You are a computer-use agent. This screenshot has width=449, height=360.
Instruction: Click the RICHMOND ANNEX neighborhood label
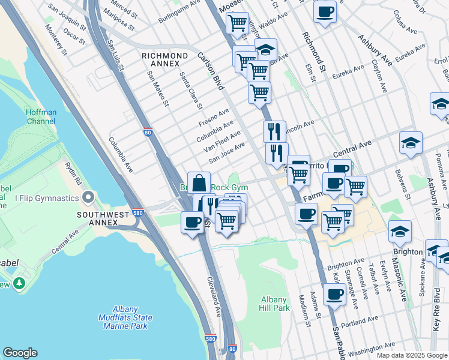161,59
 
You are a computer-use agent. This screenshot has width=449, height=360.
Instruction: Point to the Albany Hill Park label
276,304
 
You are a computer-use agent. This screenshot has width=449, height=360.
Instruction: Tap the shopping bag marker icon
199,183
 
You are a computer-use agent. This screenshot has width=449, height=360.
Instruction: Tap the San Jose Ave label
227,152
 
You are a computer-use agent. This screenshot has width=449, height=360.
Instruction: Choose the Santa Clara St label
191,91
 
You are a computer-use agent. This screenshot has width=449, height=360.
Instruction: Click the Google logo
20,353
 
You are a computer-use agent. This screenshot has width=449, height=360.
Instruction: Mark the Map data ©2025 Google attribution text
411,355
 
